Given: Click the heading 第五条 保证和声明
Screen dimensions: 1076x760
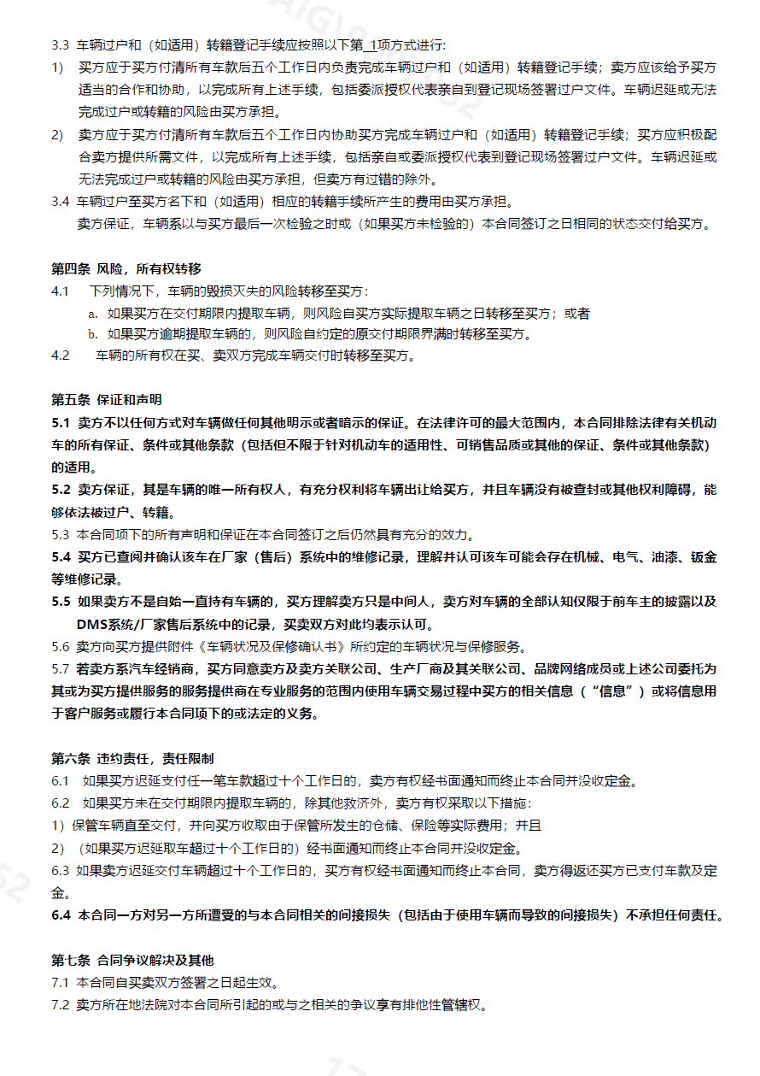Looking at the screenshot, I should (x=107, y=399).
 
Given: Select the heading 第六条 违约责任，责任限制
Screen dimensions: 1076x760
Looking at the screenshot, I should (x=132, y=758).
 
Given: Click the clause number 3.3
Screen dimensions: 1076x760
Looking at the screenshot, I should (x=60, y=44).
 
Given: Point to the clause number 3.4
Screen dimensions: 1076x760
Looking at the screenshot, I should (x=60, y=202).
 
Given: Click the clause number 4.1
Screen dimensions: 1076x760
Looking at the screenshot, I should (x=60, y=291).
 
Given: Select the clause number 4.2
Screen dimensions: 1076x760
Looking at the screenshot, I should (x=60, y=356).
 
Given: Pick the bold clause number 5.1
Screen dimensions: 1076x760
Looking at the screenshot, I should (x=61, y=422).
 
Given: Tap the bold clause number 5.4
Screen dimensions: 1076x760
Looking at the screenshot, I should (x=61, y=557).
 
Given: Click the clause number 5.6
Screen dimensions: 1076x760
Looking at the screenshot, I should (x=60, y=646).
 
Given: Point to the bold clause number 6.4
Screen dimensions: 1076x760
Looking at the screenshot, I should (x=61, y=915).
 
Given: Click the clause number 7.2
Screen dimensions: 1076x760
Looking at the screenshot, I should (x=60, y=1004).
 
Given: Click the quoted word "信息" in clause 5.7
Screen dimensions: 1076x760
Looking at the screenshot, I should (x=610, y=691).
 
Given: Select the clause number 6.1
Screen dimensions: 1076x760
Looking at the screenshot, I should (x=60, y=780).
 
